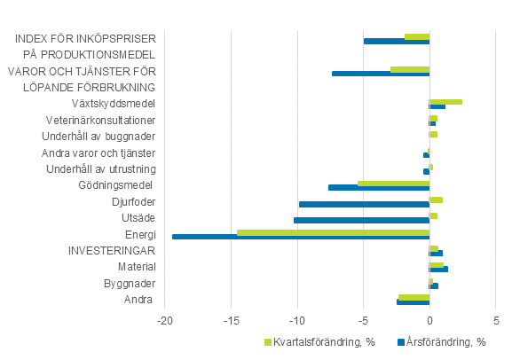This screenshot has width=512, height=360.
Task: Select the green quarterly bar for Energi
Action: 333,232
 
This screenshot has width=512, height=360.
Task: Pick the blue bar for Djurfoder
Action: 364,204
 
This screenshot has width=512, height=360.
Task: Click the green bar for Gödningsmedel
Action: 393,184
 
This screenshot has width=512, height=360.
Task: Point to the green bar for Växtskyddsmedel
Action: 445,102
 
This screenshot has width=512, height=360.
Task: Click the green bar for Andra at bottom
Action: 414,297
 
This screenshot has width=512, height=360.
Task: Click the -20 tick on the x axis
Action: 165,320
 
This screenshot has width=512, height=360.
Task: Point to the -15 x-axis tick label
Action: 231,320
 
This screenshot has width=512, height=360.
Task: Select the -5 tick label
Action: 363,320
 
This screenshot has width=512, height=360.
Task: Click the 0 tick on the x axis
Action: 429,320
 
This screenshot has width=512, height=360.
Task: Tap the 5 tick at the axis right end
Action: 495,320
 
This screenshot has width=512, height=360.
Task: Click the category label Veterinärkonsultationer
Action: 101,120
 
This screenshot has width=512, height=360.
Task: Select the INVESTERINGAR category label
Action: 113,251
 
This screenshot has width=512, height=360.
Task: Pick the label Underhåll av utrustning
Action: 101,168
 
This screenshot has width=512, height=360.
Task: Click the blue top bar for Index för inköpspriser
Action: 396,41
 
